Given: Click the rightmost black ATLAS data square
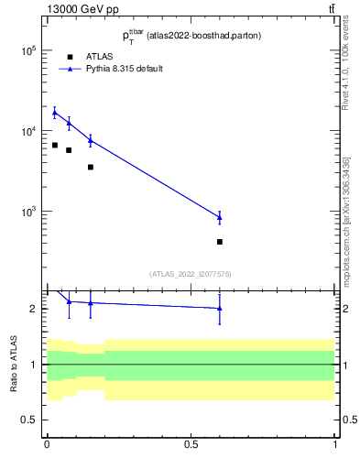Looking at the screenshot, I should (220, 242).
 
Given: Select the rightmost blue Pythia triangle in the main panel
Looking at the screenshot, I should (220, 217).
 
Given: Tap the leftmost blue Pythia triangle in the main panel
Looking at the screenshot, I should (54, 113).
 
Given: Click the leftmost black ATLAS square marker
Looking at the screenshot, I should (54, 145).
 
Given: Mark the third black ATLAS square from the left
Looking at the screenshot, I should (91, 167).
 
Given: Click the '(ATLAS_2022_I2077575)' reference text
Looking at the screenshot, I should (191, 273).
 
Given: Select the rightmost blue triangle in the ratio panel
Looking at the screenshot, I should (220, 309).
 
